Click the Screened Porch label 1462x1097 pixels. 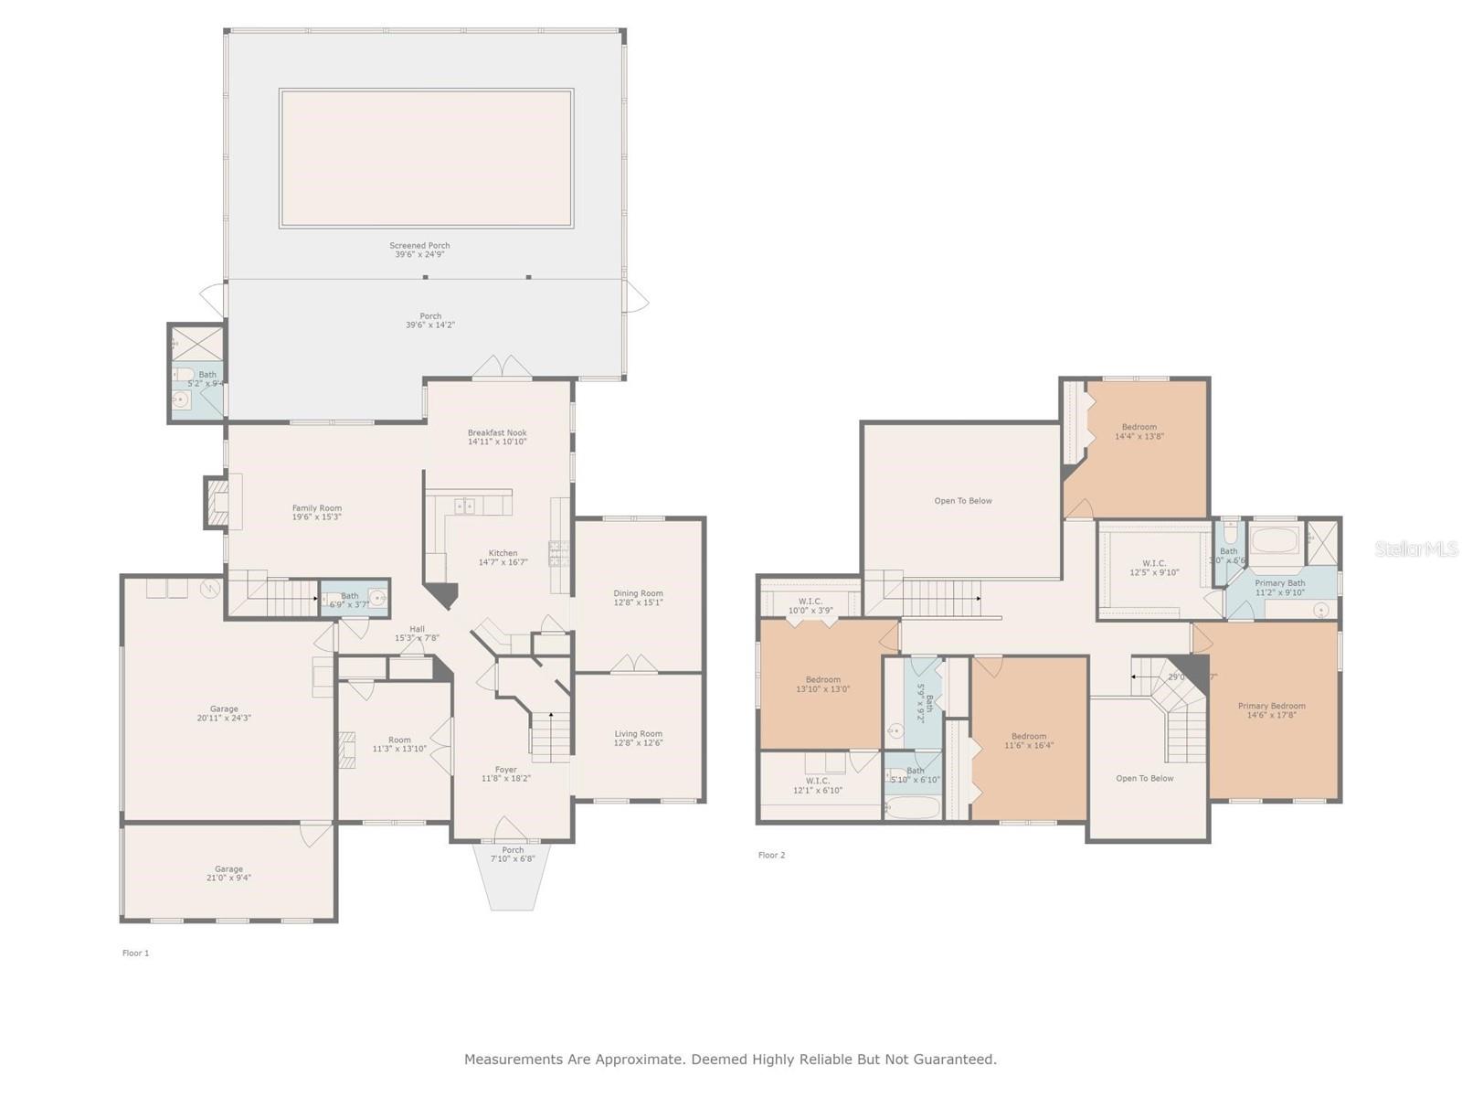[x=419, y=246]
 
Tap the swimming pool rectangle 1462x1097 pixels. [x=426, y=158]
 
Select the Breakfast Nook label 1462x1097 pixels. [x=497, y=433]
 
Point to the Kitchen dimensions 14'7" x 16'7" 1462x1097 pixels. [x=503, y=562]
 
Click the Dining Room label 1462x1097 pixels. [x=638, y=593]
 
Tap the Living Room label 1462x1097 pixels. [x=638, y=734]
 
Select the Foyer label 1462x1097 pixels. [x=505, y=770]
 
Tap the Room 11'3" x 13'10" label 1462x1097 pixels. [x=399, y=740]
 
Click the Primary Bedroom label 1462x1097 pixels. [x=1271, y=706]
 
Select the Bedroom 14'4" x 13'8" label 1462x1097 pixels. [x=1139, y=427]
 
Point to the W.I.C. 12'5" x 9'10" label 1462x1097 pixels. [x=1154, y=564]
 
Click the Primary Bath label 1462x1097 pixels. [x=1279, y=583]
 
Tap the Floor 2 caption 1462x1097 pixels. [x=771, y=856]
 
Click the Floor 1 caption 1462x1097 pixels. [x=135, y=953]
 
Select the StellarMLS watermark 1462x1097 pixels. [x=1415, y=548]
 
